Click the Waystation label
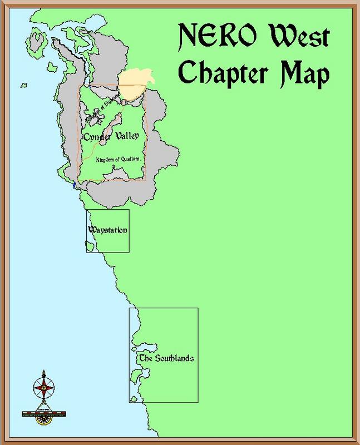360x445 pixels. click(x=107, y=230)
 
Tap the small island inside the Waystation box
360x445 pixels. click(x=89, y=243)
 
